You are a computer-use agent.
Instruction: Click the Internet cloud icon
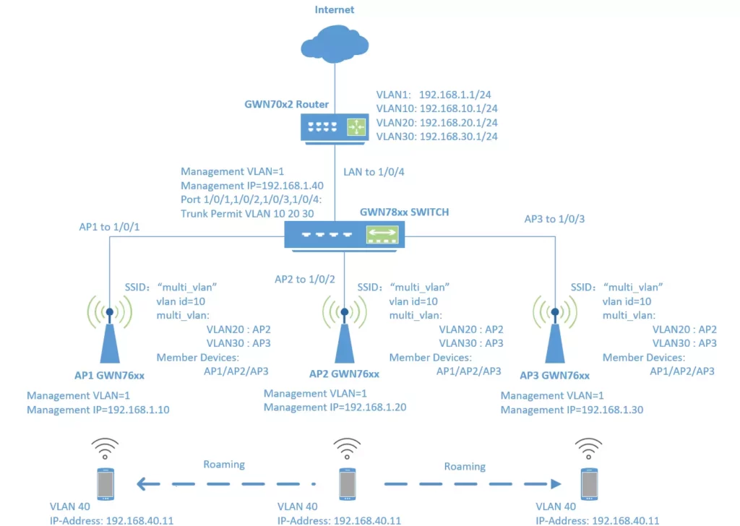coord(335,44)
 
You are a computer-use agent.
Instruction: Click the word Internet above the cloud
coord(334,9)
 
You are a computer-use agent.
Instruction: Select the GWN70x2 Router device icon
coord(335,129)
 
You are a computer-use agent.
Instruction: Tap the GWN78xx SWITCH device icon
coord(344,236)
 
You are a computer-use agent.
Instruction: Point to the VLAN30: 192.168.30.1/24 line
coord(436,137)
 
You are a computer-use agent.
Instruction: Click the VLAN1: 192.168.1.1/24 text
coord(434,95)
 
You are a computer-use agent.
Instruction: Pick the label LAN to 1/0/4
coord(374,172)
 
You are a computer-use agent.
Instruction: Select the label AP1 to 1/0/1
coord(109,227)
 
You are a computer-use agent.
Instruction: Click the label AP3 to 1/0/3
coord(554,219)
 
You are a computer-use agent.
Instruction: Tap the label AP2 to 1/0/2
coord(305,280)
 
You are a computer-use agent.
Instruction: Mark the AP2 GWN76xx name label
coord(344,374)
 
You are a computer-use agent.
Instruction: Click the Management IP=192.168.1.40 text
coord(252,186)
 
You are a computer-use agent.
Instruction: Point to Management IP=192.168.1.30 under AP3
coord(572,410)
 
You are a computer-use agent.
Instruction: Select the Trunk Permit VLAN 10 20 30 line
coord(247,214)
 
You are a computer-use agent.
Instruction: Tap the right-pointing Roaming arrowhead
coord(556,484)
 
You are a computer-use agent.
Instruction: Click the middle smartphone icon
coord(348,484)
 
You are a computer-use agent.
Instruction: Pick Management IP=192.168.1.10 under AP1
coord(98,410)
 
